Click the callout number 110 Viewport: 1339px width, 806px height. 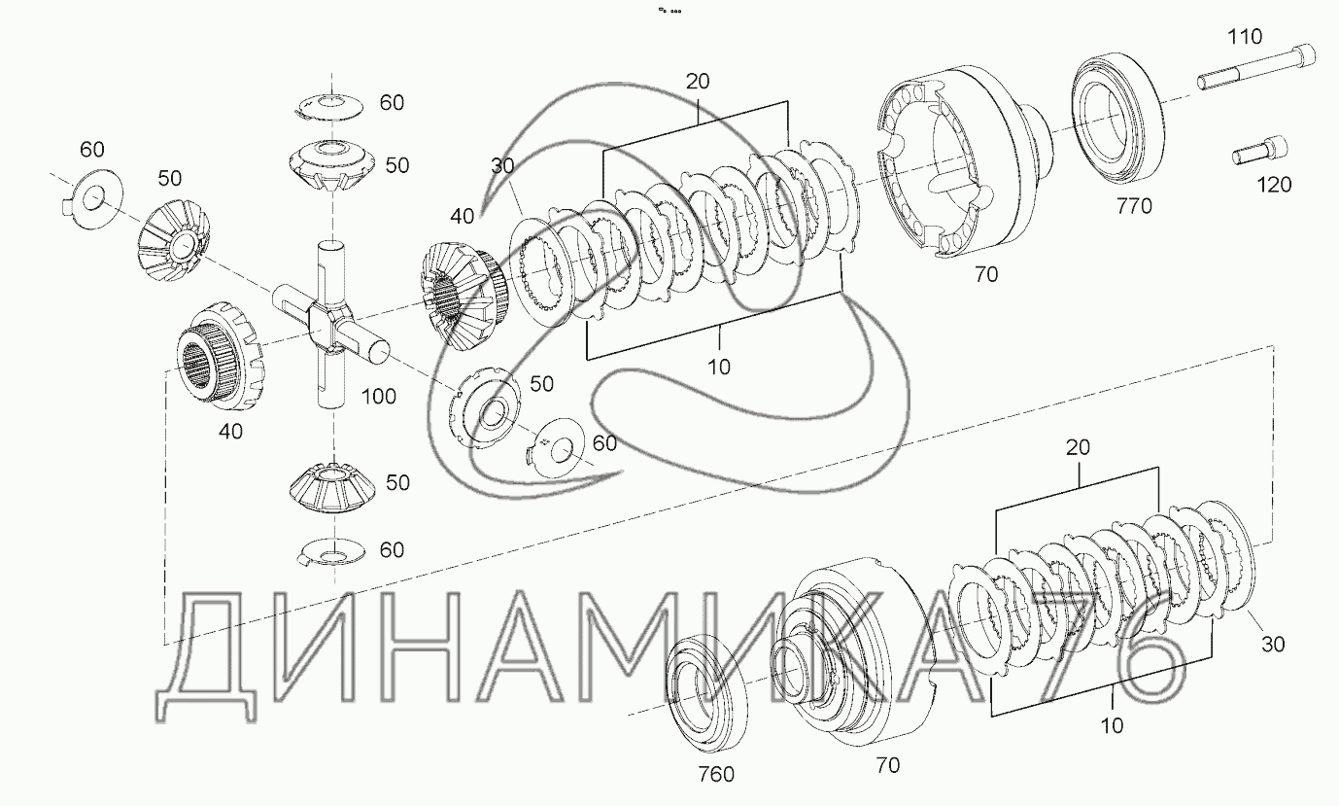[x=1245, y=38]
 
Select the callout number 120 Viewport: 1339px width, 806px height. [x=1273, y=184]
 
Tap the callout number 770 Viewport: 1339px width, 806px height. [x=1133, y=206]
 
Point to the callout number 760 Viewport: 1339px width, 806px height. [x=715, y=774]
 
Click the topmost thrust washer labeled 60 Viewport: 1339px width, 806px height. [x=327, y=104]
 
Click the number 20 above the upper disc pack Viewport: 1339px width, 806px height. [x=698, y=82]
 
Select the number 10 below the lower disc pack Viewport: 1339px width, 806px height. [x=1113, y=725]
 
